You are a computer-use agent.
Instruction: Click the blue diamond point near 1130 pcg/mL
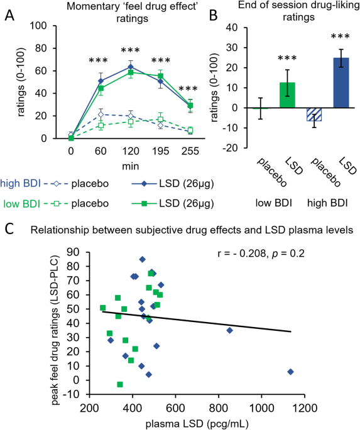[x=290, y=372]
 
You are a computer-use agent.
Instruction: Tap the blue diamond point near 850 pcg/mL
[x=229, y=330]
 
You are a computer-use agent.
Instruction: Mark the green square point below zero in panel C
[x=120, y=384]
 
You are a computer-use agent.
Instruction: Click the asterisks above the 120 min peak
[x=129, y=50]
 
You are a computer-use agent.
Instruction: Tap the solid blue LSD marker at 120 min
[x=129, y=66]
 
